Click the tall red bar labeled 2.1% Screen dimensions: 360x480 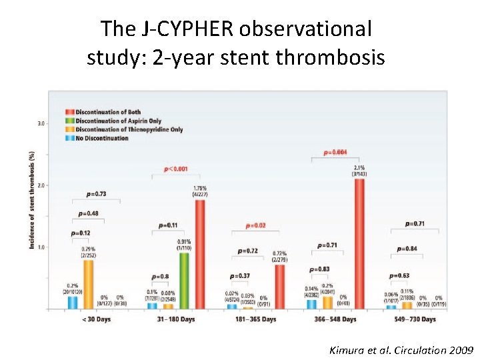click(359, 243)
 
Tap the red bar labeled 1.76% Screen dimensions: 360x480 click(200, 254)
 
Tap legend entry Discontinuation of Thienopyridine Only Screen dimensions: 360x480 click(124, 129)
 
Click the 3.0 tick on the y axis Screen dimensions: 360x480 click(41, 124)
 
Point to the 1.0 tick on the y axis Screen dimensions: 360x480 click(41, 247)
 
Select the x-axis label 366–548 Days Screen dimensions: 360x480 click(335, 319)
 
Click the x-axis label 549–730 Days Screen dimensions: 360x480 click(415, 319)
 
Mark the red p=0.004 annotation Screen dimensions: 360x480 click(335, 153)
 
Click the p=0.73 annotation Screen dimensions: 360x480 click(97, 194)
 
